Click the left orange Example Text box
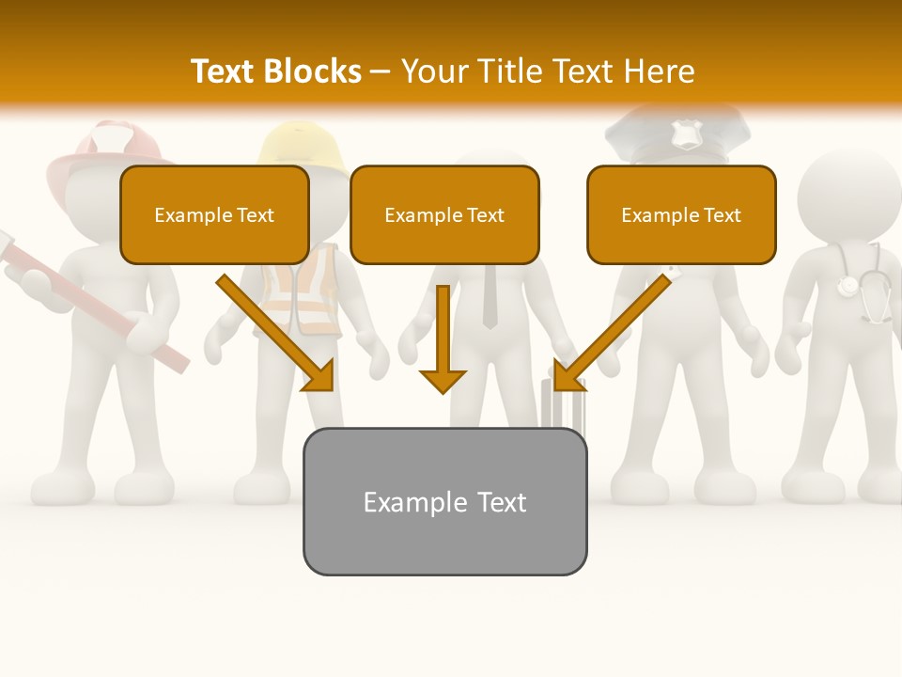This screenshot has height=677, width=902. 214,214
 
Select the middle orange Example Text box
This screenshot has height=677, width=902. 444,214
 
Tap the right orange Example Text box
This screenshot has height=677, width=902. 681,214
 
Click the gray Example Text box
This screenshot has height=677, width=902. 444,501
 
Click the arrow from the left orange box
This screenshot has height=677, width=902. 275,333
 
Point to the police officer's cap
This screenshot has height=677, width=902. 678,132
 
